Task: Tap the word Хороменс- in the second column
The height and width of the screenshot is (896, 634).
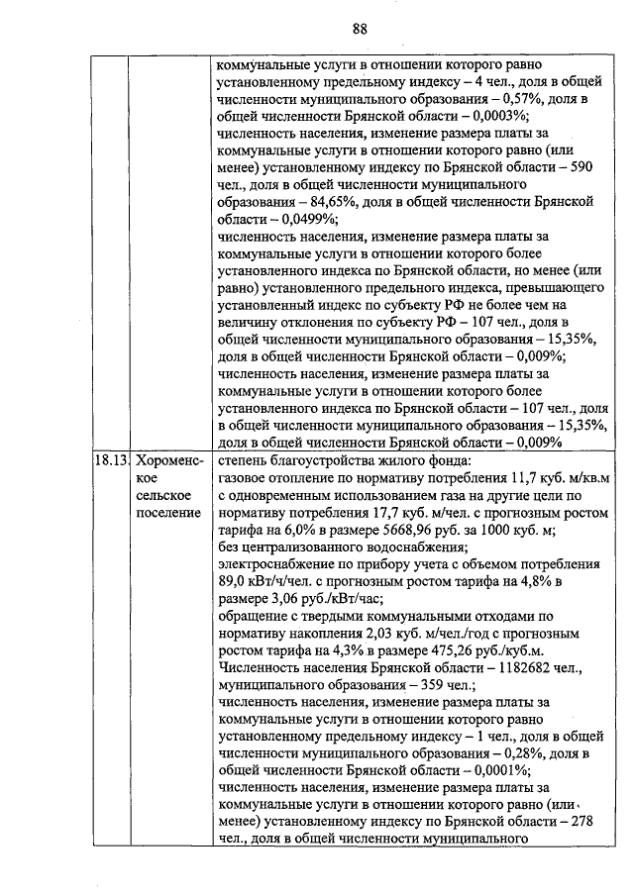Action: [168, 461]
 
